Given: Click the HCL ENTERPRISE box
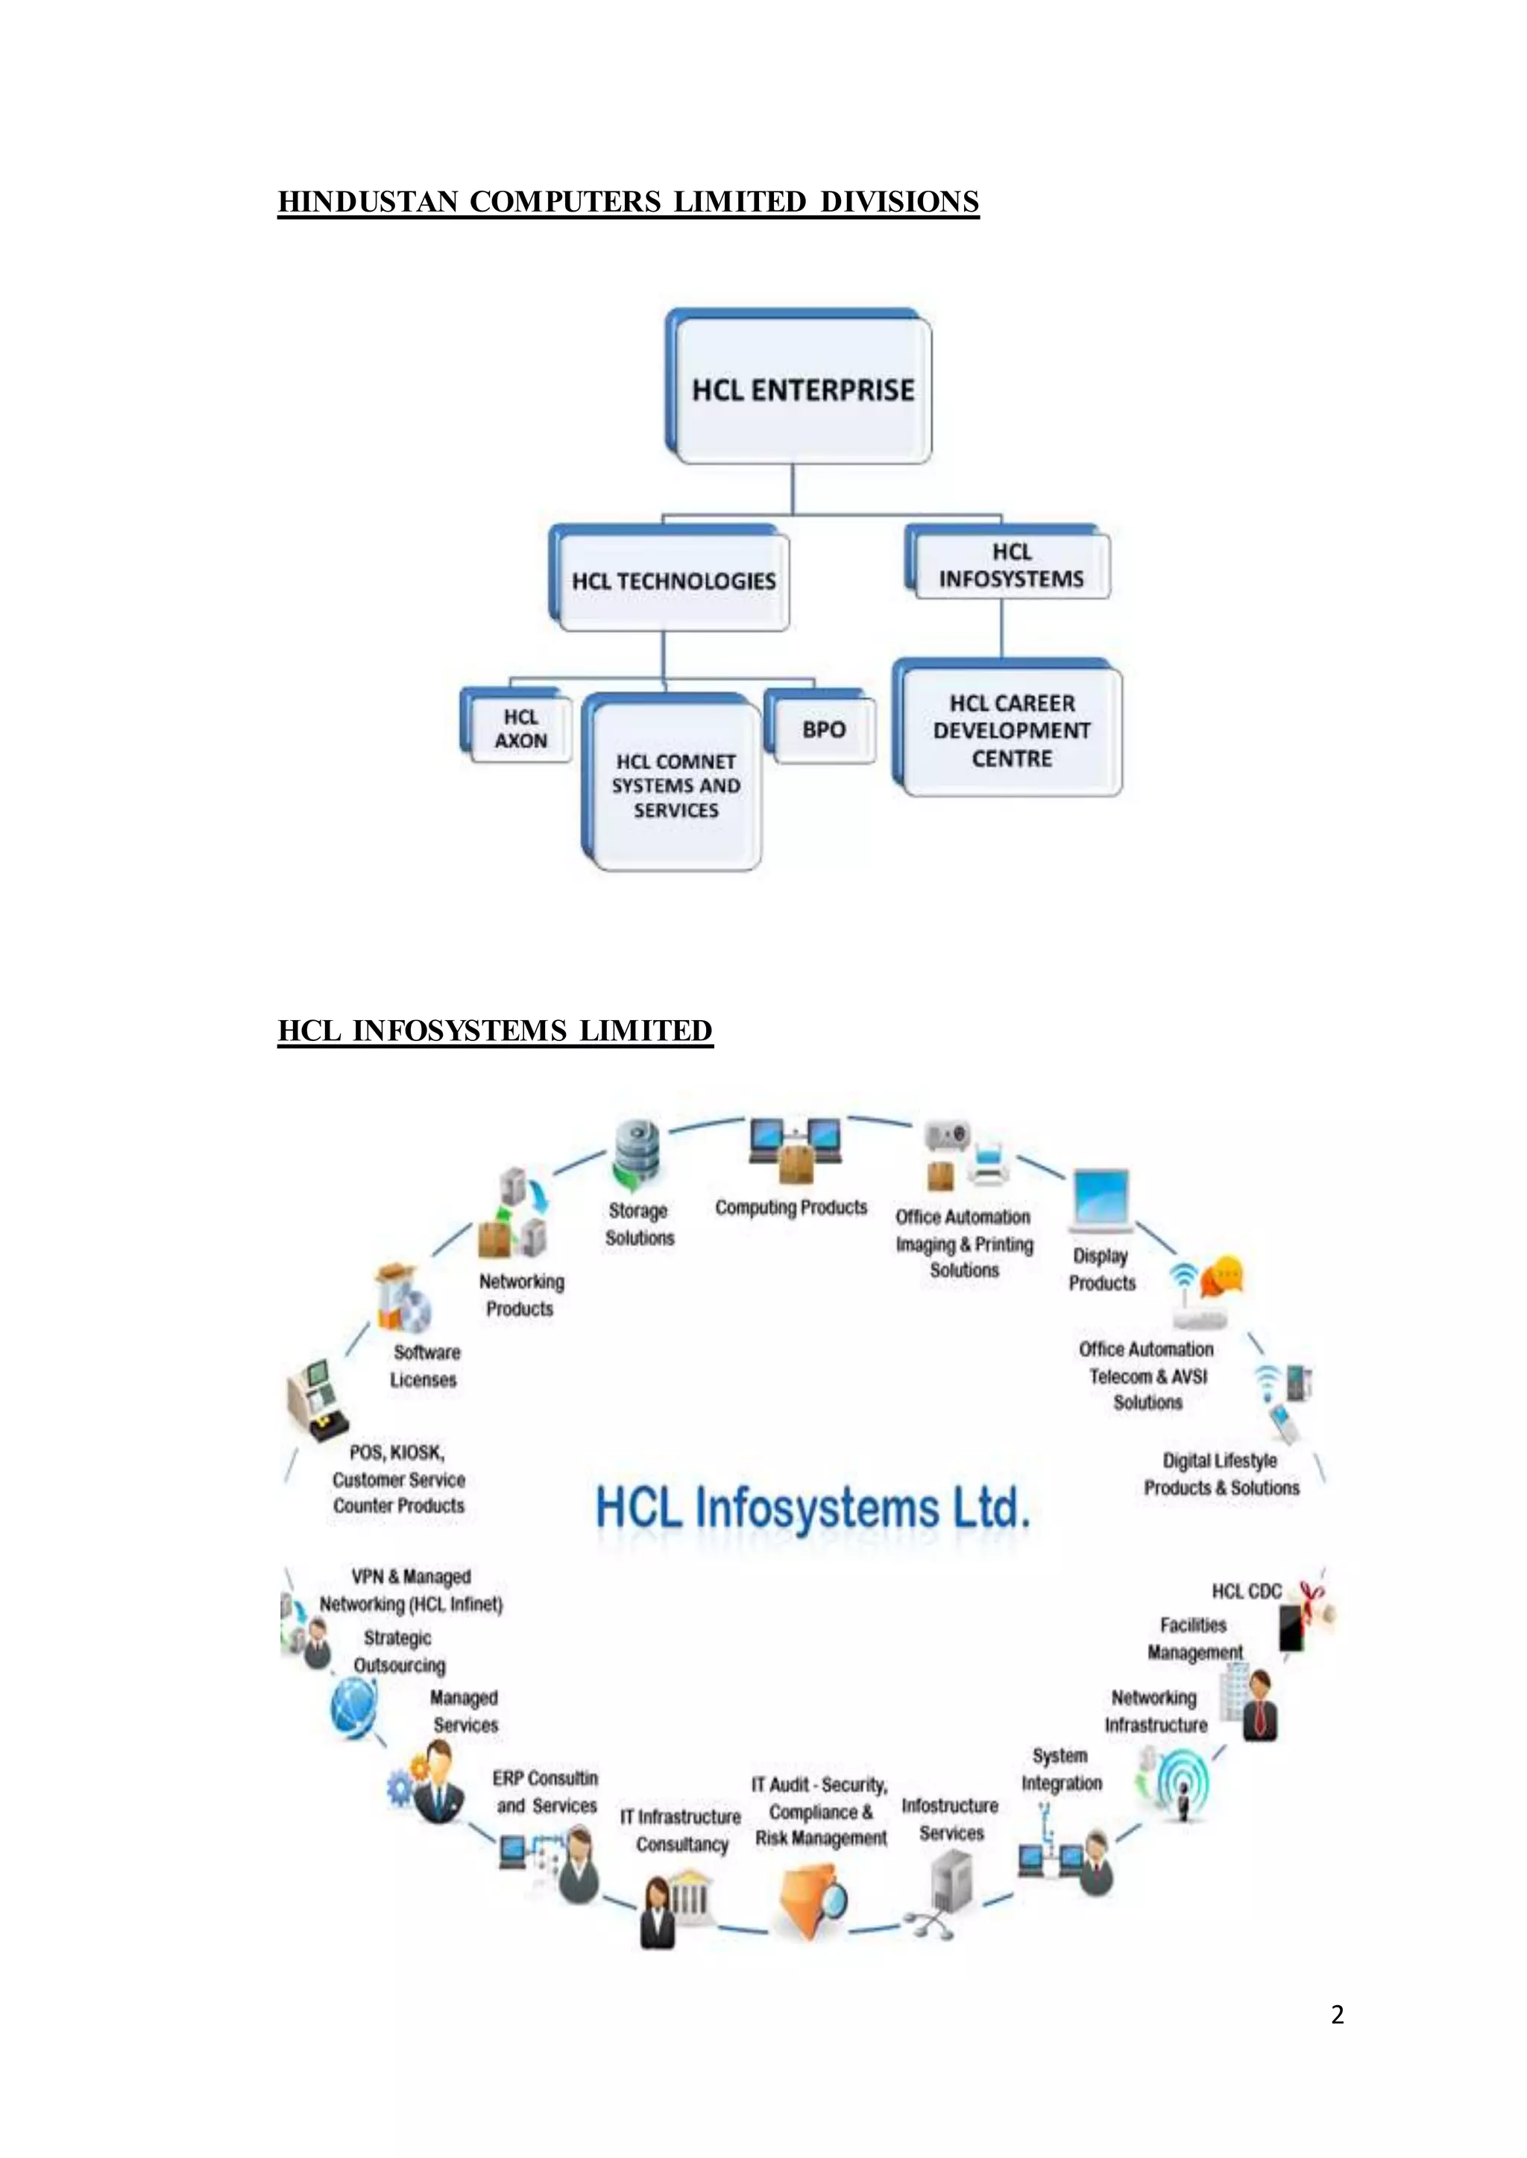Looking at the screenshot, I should [x=802, y=389].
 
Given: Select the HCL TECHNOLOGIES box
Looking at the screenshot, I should [x=673, y=580].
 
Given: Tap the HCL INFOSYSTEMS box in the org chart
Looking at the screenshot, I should [x=1011, y=566].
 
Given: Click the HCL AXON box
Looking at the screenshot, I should [x=520, y=730].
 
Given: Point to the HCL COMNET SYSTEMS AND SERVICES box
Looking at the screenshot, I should [x=675, y=785].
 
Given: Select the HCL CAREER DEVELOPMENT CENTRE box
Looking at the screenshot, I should [x=1011, y=730].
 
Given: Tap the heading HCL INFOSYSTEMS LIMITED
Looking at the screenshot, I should [x=496, y=1031].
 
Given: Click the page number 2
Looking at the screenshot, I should [x=1337, y=2014].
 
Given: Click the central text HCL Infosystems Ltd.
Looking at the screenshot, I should [x=813, y=1507].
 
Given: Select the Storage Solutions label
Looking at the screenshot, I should [x=640, y=1224].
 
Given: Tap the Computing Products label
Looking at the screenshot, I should [x=791, y=1207].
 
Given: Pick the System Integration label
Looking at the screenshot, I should [x=1062, y=1769].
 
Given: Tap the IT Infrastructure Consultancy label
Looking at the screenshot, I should [x=681, y=1830].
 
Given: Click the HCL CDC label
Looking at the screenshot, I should [x=1246, y=1591].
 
